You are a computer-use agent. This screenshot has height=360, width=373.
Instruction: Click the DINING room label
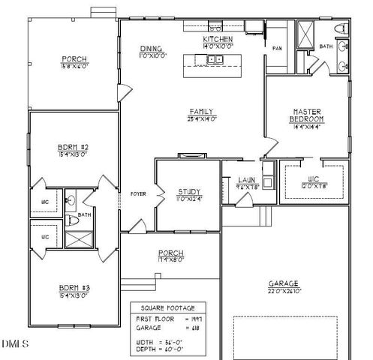151,47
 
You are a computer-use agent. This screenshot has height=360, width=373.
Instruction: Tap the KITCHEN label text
218,39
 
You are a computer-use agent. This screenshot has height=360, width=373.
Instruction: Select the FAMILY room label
201,110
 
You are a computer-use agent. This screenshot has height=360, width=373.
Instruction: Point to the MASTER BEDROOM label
307,115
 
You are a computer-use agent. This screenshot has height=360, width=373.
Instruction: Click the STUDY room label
188,191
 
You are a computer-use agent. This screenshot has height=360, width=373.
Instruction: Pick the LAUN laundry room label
246,180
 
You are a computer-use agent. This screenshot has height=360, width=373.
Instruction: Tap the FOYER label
138,193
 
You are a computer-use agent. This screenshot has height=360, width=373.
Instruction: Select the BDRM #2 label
74,146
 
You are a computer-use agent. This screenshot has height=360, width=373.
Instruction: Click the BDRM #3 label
74,286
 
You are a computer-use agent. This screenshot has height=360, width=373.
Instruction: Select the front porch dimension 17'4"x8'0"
170,260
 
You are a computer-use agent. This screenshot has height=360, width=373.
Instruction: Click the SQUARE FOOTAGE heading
167,307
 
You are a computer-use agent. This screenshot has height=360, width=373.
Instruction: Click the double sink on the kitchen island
215,59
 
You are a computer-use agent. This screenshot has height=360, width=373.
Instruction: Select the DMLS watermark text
15,344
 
